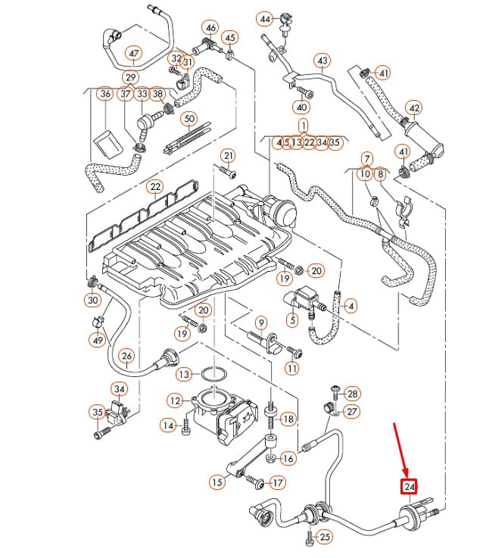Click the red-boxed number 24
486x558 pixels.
pos(410,486)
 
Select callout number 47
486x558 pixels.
pos(134,53)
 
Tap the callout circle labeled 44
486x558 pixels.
pos(264,18)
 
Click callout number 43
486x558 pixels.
pos(322,60)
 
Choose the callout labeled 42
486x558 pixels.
pos(414,108)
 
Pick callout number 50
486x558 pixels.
pos(189,119)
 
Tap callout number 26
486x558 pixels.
pos(126,356)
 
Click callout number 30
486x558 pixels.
pos(92,301)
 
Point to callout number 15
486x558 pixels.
pos(217,482)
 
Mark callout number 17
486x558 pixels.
pos(278,482)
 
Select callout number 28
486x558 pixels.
pos(353,394)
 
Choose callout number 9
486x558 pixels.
pos(260,322)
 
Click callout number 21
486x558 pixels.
pos(228,156)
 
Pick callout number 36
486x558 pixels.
pos(105,94)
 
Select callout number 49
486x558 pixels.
pos(98,341)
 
